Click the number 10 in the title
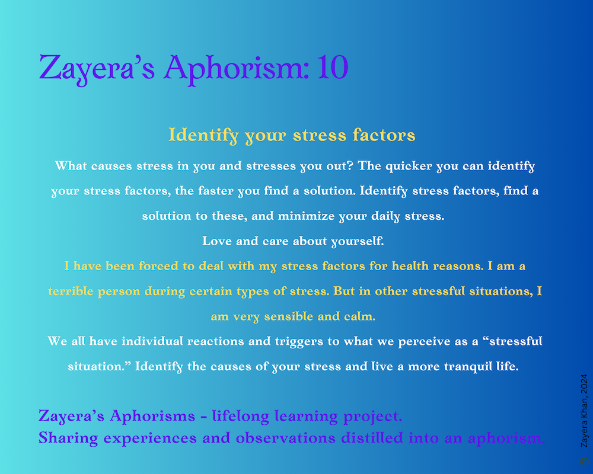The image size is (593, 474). (x=333, y=68)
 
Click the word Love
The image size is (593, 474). (x=216, y=241)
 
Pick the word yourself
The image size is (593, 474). (x=358, y=242)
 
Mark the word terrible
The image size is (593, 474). (x=71, y=291)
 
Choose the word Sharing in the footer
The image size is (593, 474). (x=68, y=438)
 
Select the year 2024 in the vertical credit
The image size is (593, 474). (x=584, y=384)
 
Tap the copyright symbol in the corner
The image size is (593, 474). (x=584, y=462)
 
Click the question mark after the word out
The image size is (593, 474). (x=350, y=165)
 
